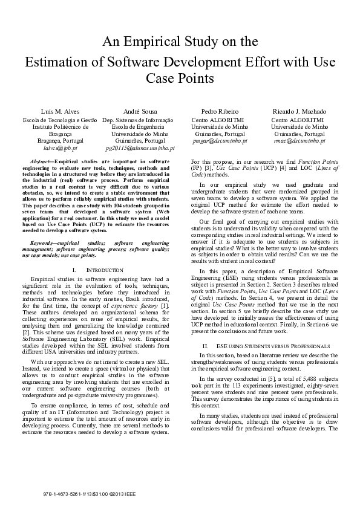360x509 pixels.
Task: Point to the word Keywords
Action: pos(44,259)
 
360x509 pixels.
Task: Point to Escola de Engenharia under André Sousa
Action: pos(139,126)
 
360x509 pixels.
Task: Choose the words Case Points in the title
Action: pos(180,79)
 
